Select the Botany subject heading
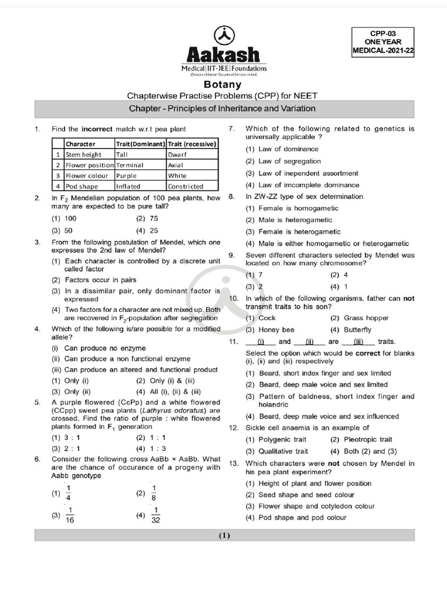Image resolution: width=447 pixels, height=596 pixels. (223, 84)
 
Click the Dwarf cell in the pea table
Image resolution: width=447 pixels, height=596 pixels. (177, 155)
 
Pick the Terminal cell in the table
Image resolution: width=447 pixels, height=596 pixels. (130, 165)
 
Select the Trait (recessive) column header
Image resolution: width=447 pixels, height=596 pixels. (193, 144)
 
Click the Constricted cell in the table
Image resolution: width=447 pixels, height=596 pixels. (186, 186)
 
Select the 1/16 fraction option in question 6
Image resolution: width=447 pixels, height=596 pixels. (69, 516)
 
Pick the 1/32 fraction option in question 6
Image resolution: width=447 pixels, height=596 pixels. (155, 516)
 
